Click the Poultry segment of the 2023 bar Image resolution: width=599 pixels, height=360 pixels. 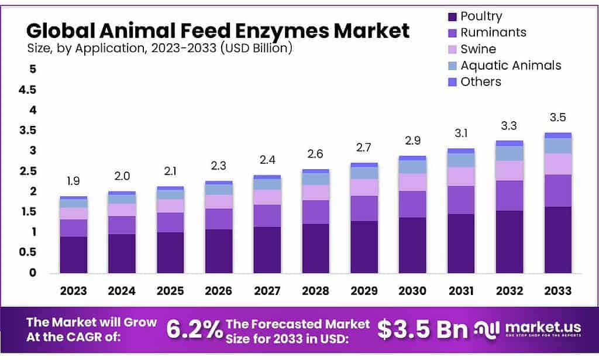coord(73,255)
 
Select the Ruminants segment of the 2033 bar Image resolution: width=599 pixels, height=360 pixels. coord(557,190)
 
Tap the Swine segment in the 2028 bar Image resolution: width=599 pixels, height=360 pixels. coord(315,193)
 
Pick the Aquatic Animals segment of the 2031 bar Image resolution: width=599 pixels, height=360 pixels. coord(460,160)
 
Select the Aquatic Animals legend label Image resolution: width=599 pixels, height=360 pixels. coord(511,65)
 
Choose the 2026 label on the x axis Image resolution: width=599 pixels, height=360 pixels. coord(218,290)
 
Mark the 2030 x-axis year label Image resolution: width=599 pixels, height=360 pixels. coord(412,290)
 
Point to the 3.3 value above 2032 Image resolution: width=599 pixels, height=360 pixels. coord(509,126)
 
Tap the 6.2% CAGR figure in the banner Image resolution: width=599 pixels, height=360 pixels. coord(193,330)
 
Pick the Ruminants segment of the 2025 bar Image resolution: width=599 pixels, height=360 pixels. coord(170,222)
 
